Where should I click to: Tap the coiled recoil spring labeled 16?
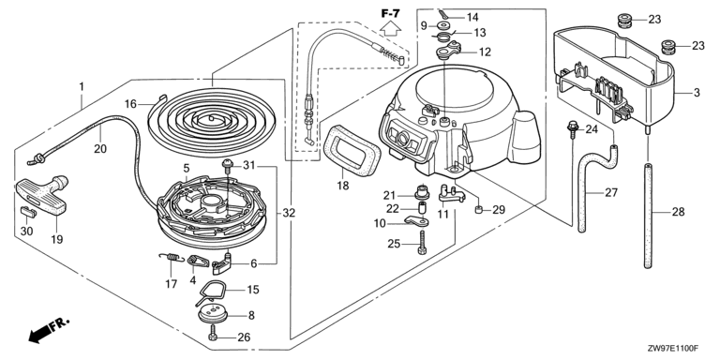coord(211,120)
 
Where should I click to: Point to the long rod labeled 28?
coord(649,216)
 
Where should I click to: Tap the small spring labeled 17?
coord(172,258)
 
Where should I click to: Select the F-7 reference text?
coord(390,13)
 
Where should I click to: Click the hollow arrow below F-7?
coord(390,29)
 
